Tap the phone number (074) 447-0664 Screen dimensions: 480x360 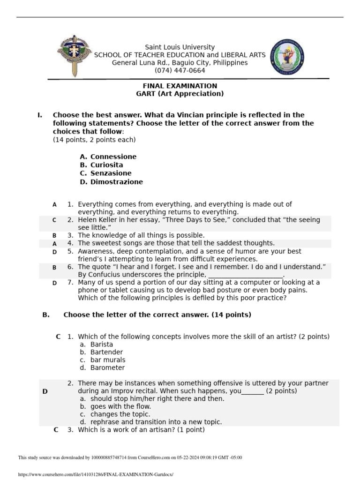180,71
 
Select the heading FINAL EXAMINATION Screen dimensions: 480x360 180,86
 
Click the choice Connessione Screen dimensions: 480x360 113,157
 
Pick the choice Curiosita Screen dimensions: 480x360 107,165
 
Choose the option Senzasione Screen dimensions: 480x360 111,173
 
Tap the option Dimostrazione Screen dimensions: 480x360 117,182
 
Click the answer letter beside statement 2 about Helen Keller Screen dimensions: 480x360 54,220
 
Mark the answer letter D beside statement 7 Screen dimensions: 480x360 54,283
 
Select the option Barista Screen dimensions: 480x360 102,345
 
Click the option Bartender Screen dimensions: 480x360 106,352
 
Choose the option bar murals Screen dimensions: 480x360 108,360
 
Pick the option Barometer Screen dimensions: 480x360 107,368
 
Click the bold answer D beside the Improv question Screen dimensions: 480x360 45,391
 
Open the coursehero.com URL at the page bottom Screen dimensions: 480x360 96,474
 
